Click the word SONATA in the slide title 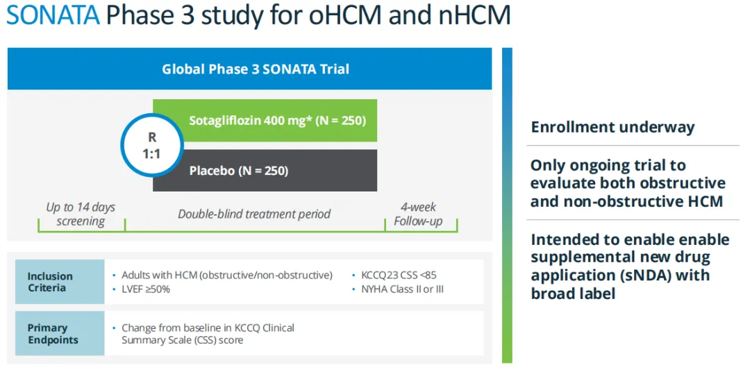[x=53, y=15]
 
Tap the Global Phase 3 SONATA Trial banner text [x=256, y=69]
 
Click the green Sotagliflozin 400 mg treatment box [x=265, y=121]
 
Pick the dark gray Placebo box [x=265, y=170]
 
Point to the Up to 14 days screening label [x=81, y=214]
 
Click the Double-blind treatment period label [x=254, y=214]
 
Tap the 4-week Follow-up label [x=419, y=214]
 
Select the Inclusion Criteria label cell [x=60, y=282]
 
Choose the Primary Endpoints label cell [x=60, y=334]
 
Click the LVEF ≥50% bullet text [x=145, y=289]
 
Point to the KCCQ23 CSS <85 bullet [x=398, y=275]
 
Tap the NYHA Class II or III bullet [x=402, y=289]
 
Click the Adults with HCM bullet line [x=226, y=275]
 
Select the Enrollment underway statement [x=612, y=127]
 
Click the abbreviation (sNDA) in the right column [x=636, y=275]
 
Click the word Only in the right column [x=548, y=166]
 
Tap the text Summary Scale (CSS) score [x=182, y=340]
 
